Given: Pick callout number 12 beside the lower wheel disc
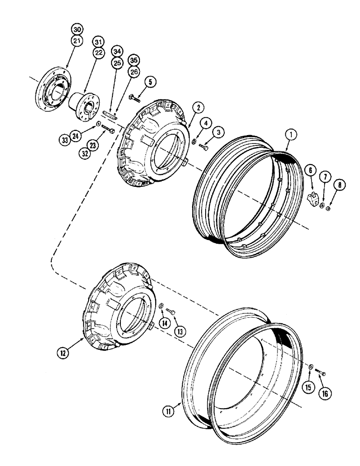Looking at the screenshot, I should click(x=62, y=353).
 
